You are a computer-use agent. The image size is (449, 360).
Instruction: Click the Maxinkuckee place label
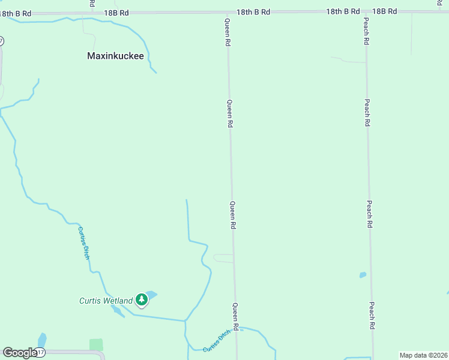[x=116, y=56]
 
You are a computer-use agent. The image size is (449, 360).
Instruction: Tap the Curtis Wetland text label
[x=106, y=301]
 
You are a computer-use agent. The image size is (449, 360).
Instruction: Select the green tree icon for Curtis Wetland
[x=141, y=299]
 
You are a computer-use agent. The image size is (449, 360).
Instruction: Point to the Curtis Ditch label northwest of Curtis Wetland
[x=83, y=242]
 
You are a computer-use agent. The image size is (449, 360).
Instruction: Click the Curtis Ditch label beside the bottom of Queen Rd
[x=216, y=344]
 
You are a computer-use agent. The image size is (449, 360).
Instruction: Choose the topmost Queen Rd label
[x=228, y=32]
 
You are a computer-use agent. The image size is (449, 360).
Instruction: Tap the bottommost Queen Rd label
[x=236, y=317]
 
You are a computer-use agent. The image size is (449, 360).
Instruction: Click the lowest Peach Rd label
[x=372, y=315]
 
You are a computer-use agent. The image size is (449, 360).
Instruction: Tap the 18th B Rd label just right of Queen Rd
[x=253, y=11]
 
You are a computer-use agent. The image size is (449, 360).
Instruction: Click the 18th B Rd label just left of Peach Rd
[x=343, y=11]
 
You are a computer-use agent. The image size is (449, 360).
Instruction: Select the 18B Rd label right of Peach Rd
[x=385, y=11]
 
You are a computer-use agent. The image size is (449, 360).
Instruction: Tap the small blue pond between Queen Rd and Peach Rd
[x=363, y=275]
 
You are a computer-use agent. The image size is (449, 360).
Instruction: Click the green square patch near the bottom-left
[x=96, y=344]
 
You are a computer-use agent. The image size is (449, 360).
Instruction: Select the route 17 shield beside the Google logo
[x=40, y=352]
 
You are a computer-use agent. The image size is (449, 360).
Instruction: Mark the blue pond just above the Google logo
[x=41, y=339]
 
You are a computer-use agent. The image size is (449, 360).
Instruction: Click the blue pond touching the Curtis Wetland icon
[x=151, y=294]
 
